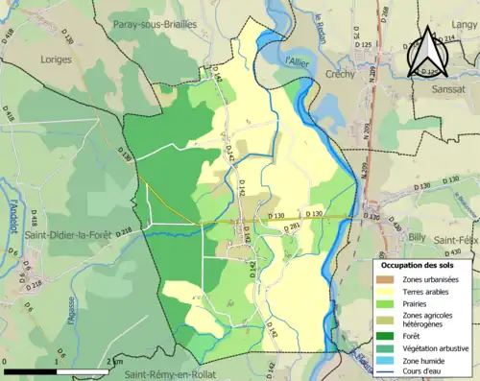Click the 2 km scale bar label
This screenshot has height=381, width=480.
point(116,361)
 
